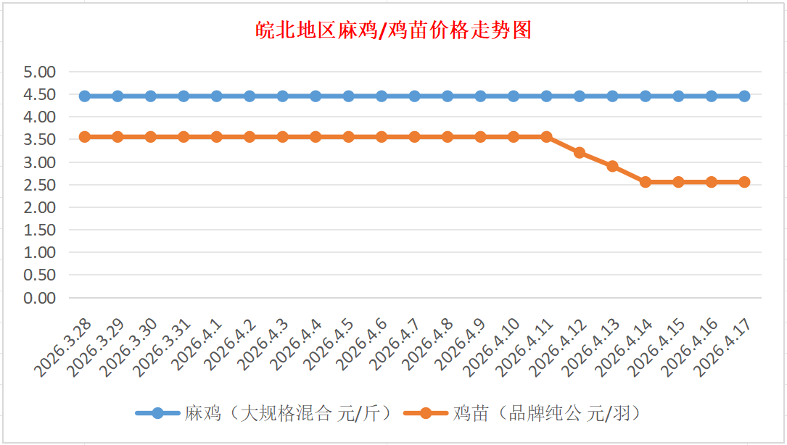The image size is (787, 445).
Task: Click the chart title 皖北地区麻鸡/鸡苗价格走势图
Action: pyautogui.click(x=393, y=30)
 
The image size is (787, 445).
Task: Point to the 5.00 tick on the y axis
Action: pyautogui.click(x=39, y=72)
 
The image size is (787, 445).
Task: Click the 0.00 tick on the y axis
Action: pyautogui.click(x=39, y=298)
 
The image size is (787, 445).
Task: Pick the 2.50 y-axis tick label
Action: pyautogui.click(x=39, y=185)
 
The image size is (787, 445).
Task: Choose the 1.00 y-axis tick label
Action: pyautogui.click(x=39, y=252)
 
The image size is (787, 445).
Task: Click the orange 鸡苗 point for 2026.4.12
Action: pyautogui.click(x=580, y=152)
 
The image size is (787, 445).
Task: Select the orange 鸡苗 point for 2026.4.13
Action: pyautogui.click(x=612, y=166)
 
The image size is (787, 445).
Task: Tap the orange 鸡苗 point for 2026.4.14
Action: pyautogui.click(x=646, y=182)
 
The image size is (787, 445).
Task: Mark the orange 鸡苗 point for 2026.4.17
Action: pyautogui.click(x=744, y=182)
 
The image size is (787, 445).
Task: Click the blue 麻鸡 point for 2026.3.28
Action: pyautogui.click(x=85, y=96)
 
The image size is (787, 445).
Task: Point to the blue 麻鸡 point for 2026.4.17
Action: pyautogui.click(x=744, y=96)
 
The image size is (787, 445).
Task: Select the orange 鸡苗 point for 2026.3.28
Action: pyautogui.click(x=85, y=136)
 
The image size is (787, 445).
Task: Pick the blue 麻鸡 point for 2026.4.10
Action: pyautogui.click(x=514, y=96)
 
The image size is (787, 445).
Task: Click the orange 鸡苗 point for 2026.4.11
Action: pyautogui.click(x=546, y=136)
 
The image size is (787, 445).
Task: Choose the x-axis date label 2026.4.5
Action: pyautogui.click(x=328, y=346)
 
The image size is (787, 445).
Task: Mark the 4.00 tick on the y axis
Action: pyautogui.click(x=39, y=117)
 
